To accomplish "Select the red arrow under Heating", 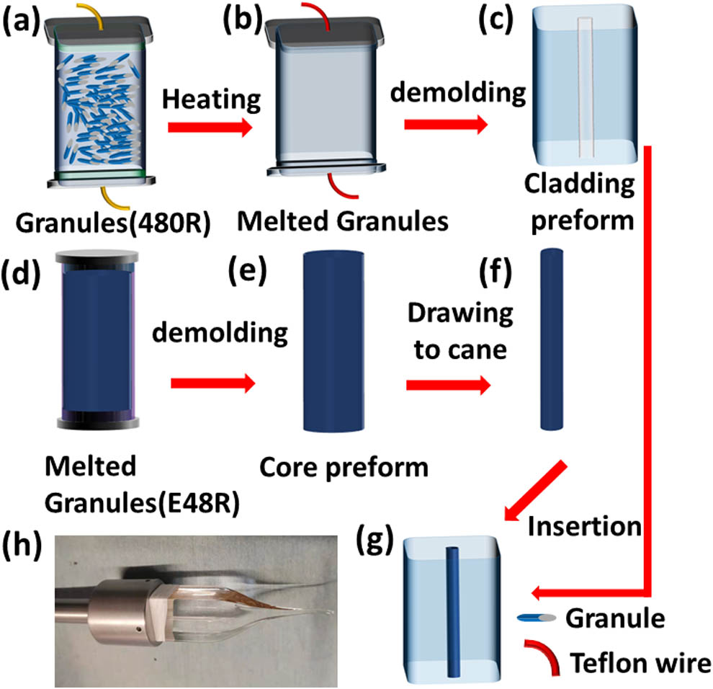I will tap(210, 127).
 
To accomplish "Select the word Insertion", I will tap(584, 526).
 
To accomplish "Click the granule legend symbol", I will tap(536, 618).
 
